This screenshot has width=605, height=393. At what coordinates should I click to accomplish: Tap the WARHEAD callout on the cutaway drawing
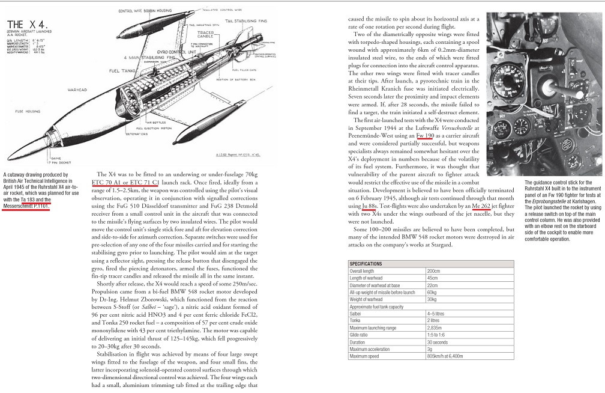coord(77,90)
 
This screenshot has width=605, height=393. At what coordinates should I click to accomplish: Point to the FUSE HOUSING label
coord(28,112)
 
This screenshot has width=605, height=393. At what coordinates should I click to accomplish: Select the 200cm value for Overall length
coord(433,271)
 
